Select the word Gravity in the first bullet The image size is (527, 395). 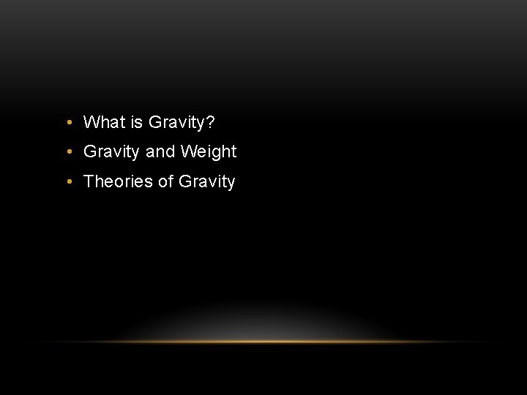176,122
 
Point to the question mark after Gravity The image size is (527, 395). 211,121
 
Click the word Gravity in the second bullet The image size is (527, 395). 112,152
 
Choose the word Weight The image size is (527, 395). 209,152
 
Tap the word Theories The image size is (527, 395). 119,181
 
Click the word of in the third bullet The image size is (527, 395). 165,181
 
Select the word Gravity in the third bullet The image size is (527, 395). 206,182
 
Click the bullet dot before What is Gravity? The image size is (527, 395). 67,122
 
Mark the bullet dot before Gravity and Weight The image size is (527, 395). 67,152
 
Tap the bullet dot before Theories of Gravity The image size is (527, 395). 67,182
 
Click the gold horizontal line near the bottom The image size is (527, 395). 263,342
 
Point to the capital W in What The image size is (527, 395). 91,121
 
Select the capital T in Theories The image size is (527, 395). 89,181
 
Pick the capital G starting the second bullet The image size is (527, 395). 91,151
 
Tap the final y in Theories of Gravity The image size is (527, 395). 231,184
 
